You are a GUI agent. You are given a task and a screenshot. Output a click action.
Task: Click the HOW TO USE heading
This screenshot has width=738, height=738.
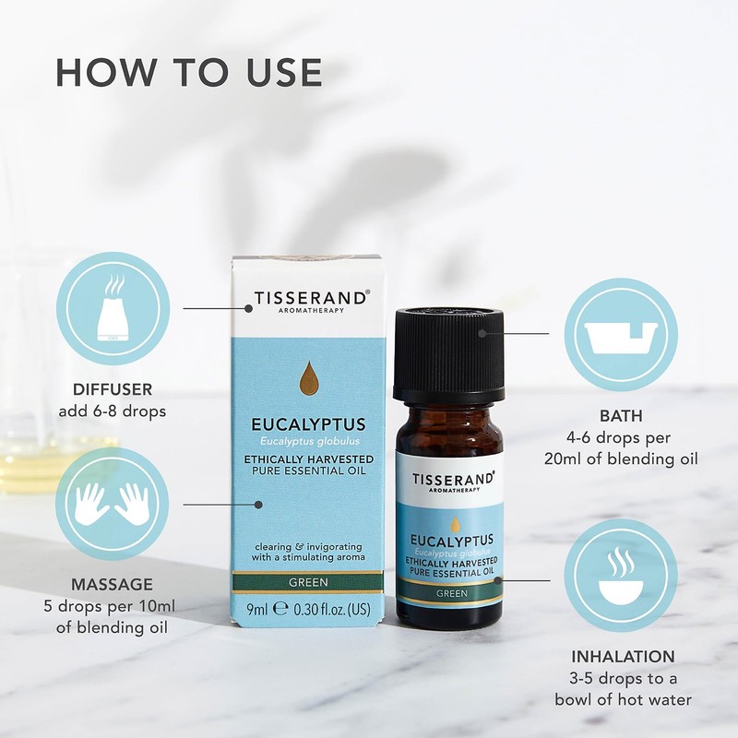click(x=189, y=72)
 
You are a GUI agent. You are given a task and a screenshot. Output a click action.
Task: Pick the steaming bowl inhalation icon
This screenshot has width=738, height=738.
click(x=620, y=574)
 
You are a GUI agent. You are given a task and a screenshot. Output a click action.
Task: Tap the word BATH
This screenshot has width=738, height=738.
click(x=620, y=416)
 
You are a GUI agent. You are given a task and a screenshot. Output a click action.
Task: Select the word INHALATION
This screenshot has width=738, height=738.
click(x=622, y=657)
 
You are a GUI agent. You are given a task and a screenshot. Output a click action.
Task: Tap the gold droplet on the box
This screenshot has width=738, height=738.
click(x=309, y=378)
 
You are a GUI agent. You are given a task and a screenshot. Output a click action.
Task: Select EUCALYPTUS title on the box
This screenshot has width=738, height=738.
click(x=309, y=425)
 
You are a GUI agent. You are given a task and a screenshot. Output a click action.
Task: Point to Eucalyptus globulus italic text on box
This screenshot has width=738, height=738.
click(x=309, y=443)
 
